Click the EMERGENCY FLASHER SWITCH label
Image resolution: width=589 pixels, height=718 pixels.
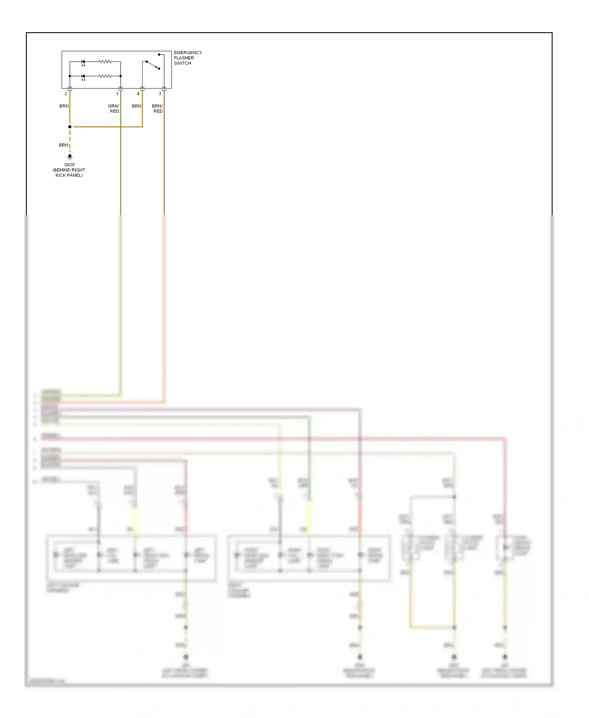[x=187, y=58]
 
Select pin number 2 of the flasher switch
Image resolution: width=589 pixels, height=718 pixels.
[x=66, y=94]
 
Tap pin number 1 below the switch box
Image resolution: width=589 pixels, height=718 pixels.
[x=117, y=94]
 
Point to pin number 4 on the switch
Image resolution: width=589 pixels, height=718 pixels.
[x=138, y=94]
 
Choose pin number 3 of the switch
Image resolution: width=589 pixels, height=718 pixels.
[x=160, y=94]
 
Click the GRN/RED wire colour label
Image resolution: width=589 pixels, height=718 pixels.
[x=113, y=108]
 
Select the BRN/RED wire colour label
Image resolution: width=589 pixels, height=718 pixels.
[x=157, y=108]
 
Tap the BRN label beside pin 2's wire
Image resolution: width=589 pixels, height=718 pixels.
[x=64, y=106]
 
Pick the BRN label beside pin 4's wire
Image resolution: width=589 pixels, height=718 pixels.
[x=136, y=106]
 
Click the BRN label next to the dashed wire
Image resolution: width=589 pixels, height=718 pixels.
[x=63, y=145]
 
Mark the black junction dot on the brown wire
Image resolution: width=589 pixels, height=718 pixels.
[x=70, y=127]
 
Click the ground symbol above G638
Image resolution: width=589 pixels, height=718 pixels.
[x=70, y=157]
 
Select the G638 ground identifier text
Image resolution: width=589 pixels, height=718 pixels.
[x=69, y=165]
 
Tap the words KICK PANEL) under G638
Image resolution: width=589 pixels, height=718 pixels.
[x=69, y=175]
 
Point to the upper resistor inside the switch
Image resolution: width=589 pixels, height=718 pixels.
[x=105, y=62]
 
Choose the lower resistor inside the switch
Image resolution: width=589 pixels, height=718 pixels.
[x=105, y=76]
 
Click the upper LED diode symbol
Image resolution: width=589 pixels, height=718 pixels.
[x=83, y=62]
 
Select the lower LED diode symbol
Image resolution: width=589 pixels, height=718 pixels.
[x=83, y=76]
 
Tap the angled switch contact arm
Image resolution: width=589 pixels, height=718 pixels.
[x=153, y=65]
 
